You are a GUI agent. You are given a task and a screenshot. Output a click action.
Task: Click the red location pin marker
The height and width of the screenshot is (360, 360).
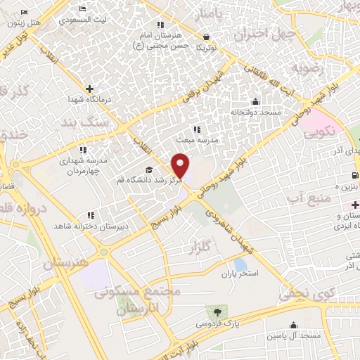point(181,165)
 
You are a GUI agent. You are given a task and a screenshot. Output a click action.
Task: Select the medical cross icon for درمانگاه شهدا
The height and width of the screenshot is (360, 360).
point(89,89)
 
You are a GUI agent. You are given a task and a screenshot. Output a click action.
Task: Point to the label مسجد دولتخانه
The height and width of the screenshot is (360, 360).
point(255,112)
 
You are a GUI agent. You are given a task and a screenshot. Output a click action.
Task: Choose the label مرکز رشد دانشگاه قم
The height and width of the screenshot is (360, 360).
point(144,181)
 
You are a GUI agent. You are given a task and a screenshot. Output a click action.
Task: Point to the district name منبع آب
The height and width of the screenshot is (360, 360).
point(309,195)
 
